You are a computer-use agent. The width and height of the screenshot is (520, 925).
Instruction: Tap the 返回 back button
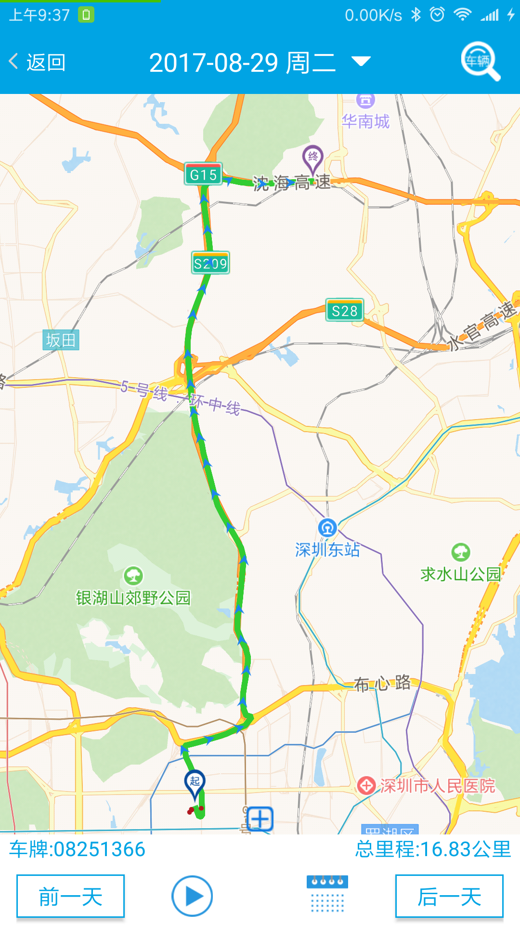point(38,62)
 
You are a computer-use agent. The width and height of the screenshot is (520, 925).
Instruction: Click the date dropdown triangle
point(361,61)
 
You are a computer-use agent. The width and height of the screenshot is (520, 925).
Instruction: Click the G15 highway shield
point(203,174)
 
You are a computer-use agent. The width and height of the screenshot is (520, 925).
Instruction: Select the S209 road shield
point(210,263)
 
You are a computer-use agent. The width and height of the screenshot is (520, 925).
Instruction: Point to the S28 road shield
point(345,311)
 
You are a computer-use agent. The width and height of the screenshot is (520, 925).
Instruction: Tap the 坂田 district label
point(61,340)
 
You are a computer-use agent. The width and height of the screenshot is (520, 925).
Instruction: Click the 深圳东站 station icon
point(327,528)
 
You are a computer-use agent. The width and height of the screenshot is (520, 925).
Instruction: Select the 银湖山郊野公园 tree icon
point(133,575)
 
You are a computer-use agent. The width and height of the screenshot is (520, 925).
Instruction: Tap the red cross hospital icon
point(366,786)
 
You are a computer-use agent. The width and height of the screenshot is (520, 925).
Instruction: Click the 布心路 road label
point(382,683)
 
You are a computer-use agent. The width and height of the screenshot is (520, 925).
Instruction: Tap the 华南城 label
point(365,121)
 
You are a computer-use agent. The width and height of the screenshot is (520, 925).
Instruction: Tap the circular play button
point(192,896)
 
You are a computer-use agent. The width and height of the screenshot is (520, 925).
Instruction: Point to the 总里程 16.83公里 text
point(433,849)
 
